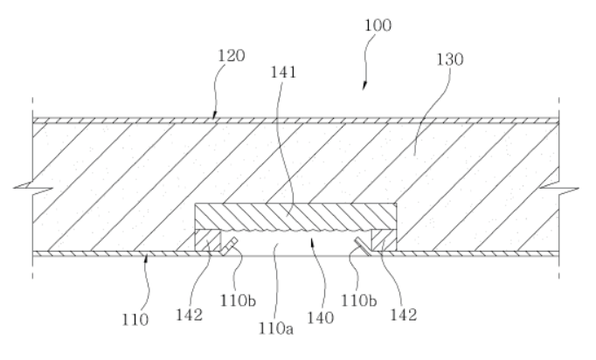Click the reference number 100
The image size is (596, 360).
coord(378,25)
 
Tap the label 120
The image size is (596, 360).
coord(231,56)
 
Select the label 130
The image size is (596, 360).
coord(450,59)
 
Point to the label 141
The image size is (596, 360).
coord(283,73)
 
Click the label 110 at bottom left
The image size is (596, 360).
coord(135,320)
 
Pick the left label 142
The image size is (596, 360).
coord(189,315)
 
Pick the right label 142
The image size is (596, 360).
coord(404,315)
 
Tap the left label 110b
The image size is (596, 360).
coord(238,301)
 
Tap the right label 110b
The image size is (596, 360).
coord(359,301)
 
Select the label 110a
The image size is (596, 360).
coord(276,329)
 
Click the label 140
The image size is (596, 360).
coord(321,318)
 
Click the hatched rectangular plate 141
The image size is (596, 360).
coord(295,217)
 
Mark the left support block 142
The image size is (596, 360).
coord(207,240)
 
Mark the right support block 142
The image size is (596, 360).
coord(384,240)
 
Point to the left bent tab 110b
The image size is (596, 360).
coord(229,246)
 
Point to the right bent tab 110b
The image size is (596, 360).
coord(363,246)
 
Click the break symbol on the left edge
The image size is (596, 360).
coord(33,187)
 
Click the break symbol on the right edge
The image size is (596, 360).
coord(559,187)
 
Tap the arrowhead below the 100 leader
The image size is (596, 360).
coord(364,86)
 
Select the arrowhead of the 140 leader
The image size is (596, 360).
coord(313,242)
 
